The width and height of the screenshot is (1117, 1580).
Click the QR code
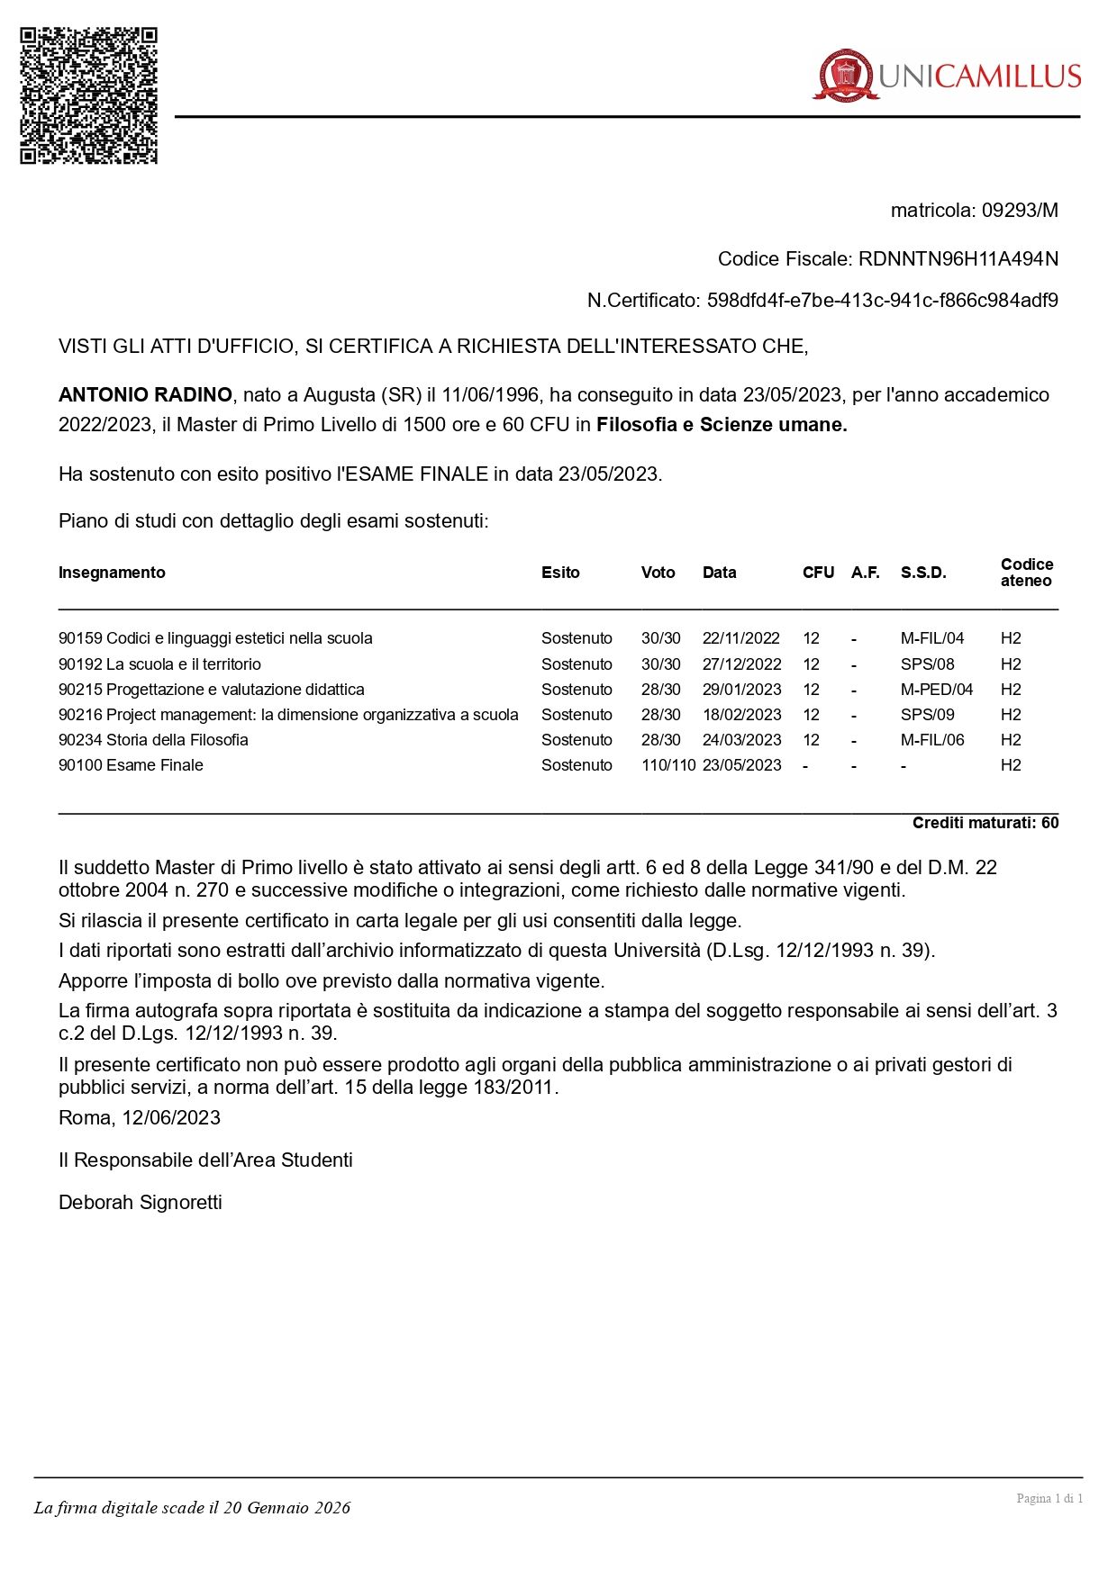[x=89, y=95]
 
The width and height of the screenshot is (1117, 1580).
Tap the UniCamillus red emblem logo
[x=845, y=75]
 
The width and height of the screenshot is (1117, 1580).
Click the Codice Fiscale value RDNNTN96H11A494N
[x=958, y=259]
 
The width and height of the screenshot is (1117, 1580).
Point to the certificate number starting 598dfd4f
[x=882, y=301]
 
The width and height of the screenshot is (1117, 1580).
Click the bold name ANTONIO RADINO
[x=145, y=395]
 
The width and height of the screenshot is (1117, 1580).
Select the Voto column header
[x=658, y=573]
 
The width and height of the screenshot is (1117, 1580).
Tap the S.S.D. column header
[x=923, y=573]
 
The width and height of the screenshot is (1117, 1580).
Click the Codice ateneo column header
[x=1026, y=573]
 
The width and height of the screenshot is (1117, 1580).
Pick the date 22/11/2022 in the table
[x=740, y=638]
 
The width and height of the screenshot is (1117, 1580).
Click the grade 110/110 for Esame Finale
[x=668, y=765]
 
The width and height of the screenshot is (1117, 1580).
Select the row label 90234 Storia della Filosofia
[x=153, y=740]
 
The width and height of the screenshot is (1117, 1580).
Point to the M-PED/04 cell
[x=937, y=690]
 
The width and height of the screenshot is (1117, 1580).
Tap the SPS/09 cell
[x=927, y=715]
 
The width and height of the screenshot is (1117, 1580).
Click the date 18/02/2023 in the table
[x=740, y=715]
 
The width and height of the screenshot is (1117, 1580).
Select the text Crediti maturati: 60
[x=985, y=823]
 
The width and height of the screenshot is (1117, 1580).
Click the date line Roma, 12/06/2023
[x=140, y=1118]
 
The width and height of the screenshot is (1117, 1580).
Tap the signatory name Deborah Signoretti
[x=141, y=1203]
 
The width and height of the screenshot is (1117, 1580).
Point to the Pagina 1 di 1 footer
[x=1049, y=1498]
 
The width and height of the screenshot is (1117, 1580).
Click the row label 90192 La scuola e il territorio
[x=159, y=664]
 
